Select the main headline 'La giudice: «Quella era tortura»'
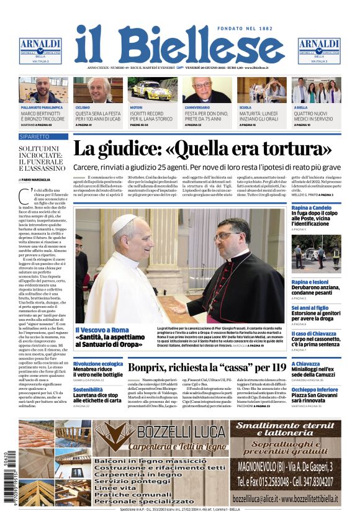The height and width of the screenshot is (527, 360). (202, 150)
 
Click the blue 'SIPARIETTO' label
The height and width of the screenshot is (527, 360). (35, 136)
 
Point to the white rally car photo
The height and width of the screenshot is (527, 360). (153, 89)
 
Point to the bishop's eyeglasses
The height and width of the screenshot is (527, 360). (226, 236)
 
